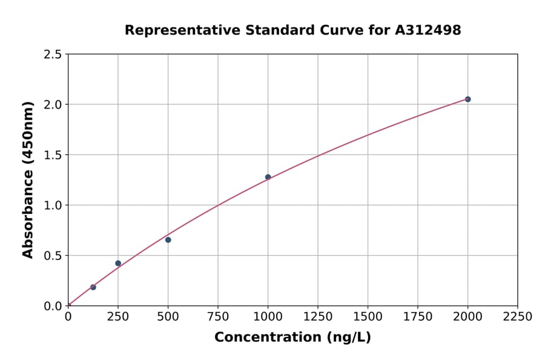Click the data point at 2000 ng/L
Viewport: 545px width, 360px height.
click(467, 99)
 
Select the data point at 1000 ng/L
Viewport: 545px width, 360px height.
click(268, 177)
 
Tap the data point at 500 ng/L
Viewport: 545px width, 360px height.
click(168, 240)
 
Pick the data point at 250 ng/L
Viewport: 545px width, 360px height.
click(118, 263)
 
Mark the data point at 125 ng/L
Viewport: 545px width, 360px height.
click(93, 287)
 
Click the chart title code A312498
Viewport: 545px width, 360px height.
click(429, 30)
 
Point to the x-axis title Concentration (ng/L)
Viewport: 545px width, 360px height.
click(292, 338)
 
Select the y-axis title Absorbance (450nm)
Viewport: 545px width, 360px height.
click(28, 179)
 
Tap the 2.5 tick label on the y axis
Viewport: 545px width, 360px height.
click(53, 55)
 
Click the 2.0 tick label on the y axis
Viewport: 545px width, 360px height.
click(53, 105)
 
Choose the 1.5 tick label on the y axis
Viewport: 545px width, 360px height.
click(53, 155)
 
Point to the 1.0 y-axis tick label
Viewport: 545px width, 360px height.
click(53, 205)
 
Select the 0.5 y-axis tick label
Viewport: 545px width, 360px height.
click(53, 256)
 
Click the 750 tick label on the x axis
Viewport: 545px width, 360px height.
click(218, 317)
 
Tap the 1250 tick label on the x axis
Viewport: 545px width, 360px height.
click(318, 317)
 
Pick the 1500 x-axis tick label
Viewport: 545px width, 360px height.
click(368, 317)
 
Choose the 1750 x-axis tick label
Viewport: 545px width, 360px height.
click(418, 317)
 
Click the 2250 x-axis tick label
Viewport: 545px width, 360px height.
click(518, 317)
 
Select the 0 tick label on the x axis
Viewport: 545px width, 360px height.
click(68, 317)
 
